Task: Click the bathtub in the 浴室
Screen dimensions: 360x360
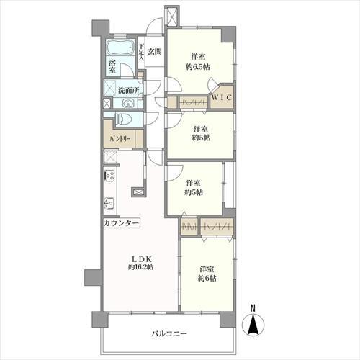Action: click(x=120, y=48)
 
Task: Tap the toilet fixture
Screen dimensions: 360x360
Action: click(x=124, y=119)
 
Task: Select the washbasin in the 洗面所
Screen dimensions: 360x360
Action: click(x=128, y=104)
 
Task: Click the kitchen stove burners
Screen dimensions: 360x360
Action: click(x=110, y=176)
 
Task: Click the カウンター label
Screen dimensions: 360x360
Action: click(x=121, y=223)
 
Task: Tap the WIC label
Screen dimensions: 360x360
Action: click(x=222, y=97)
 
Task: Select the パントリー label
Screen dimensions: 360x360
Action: click(x=120, y=139)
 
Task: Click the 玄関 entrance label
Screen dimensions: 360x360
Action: click(x=154, y=51)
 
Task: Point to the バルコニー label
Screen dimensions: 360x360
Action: click(x=169, y=333)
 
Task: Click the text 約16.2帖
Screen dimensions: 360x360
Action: click(x=141, y=267)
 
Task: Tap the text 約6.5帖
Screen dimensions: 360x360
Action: click(x=198, y=67)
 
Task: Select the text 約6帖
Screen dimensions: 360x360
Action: click(x=207, y=278)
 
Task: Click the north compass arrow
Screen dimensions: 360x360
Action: click(x=253, y=324)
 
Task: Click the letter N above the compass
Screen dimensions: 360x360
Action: click(x=253, y=307)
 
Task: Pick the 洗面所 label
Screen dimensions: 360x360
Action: click(x=128, y=91)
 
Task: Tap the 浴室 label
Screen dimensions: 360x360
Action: click(x=112, y=66)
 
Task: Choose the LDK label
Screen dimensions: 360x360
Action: click(x=142, y=259)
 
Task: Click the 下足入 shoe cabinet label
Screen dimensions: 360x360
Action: click(x=142, y=52)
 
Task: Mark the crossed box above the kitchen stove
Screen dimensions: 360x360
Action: click(x=110, y=157)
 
